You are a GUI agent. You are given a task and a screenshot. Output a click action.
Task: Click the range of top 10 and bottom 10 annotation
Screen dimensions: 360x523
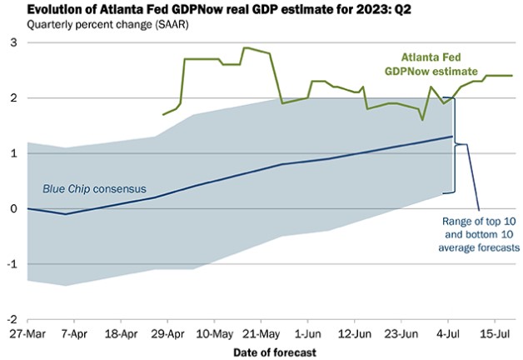click(x=480, y=234)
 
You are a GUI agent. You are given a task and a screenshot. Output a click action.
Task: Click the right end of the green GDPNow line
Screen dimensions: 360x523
click(x=511, y=76)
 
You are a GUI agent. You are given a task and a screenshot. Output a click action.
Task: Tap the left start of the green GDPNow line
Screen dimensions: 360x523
click(x=163, y=114)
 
